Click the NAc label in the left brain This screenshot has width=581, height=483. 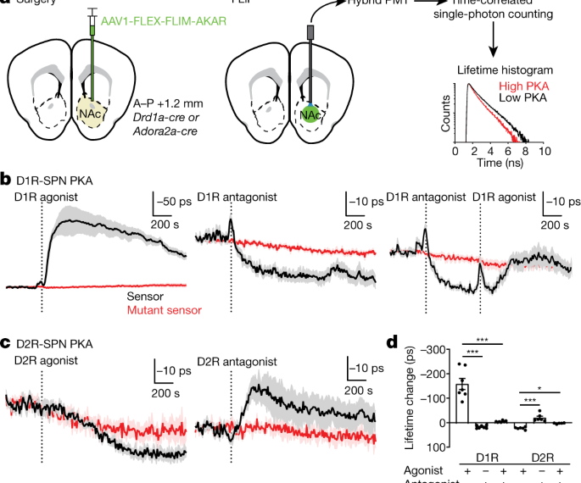90,111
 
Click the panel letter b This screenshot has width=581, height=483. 6,180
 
